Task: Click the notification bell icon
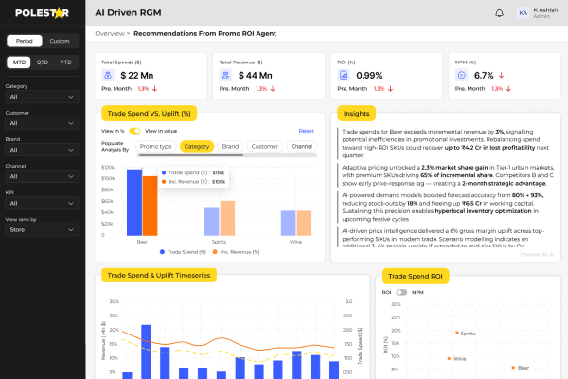tap(500, 12)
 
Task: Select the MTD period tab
tap(18, 62)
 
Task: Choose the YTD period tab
tap(65, 62)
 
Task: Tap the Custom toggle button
tap(60, 41)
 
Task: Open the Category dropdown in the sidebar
tap(42, 97)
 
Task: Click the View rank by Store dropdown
tap(42, 203)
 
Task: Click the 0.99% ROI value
tap(369, 75)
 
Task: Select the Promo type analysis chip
tap(155, 147)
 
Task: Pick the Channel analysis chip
tap(302, 147)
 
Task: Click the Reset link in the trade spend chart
tap(306, 131)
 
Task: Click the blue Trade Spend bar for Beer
tap(134, 203)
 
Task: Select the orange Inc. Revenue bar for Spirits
tap(227, 218)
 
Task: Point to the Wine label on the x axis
tap(296, 241)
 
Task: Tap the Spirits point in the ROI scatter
tap(454, 334)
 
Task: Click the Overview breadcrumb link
tap(111, 33)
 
